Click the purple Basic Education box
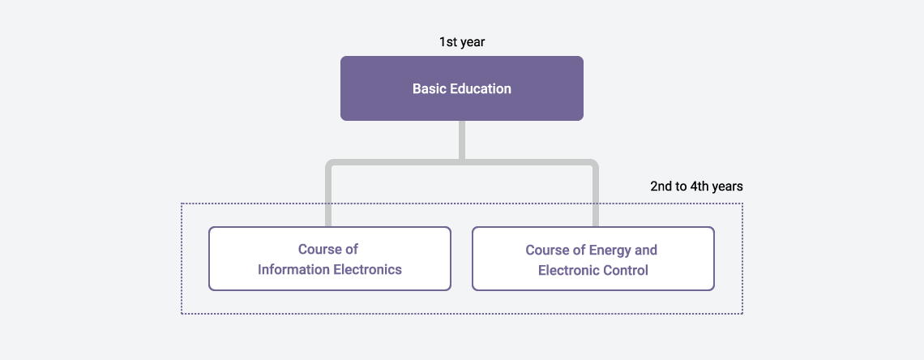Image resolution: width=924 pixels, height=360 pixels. point(461,88)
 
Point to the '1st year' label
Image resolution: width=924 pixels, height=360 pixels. point(461,42)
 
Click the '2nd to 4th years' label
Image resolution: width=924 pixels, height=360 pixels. point(696,186)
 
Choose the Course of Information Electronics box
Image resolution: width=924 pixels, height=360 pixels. point(329,259)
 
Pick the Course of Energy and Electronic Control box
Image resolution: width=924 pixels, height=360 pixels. point(592,259)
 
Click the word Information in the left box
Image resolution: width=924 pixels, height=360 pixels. point(293,270)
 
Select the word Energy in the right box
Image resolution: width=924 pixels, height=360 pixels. point(610,251)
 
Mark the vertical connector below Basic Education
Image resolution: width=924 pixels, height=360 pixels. point(461,139)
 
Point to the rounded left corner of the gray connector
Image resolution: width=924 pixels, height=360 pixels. point(328,162)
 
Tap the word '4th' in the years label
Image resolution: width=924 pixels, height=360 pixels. point(699,186)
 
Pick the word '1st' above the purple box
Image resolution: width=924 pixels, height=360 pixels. point(447,42)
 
